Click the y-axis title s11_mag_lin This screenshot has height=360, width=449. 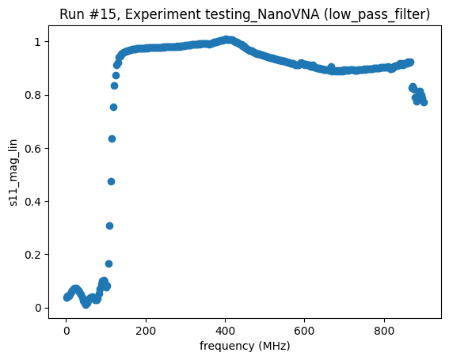[x=13, y=172]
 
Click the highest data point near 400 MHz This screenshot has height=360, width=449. [x=226, y=39]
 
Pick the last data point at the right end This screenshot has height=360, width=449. [x=424, y=102]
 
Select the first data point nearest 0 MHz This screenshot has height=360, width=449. [x=67, y=297]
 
